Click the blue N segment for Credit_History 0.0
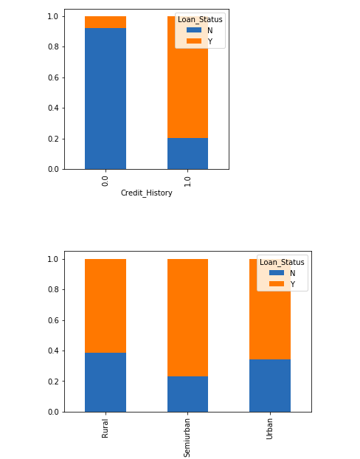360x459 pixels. [x=105, y=98]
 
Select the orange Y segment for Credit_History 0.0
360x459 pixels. [x=105, y=22]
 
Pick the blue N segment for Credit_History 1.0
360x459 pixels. [x=187, y=153]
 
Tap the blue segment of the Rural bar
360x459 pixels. [x=105, y=382]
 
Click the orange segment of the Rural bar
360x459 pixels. [x=105, y=306]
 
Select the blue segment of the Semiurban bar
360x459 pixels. [x=187, y=394]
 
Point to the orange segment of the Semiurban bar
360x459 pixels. [x=187, y=317]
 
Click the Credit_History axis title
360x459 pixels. [x=146, y=193]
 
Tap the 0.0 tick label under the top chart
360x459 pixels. [x=105, y=180]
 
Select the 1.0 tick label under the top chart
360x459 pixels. [x=187, y=180]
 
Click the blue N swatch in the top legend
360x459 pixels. [x=193, y=30]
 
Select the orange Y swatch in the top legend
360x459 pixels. [x=193, y=41]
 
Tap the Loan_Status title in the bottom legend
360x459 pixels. [x=282, y=262]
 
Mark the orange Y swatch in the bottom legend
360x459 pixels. [x=275, y=284]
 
